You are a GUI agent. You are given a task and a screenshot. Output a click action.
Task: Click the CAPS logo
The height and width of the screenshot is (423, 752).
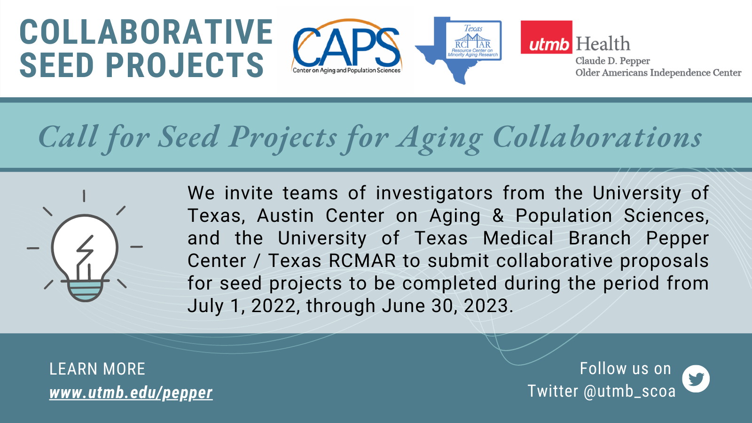tap(346, 47)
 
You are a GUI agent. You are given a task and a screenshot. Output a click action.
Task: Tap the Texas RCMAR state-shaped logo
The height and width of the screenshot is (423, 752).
tap(459, 50)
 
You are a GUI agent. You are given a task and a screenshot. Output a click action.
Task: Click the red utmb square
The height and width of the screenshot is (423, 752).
tap(546, 37)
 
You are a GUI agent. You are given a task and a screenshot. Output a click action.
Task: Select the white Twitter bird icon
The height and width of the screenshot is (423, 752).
tap(696, 379)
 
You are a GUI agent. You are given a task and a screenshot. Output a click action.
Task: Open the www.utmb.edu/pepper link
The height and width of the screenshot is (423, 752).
tap(131, 393)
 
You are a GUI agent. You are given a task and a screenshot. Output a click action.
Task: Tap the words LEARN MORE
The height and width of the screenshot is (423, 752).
tap(97, 369)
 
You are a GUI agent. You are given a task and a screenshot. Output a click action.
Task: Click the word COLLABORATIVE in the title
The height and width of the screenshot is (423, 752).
tap(146, 32)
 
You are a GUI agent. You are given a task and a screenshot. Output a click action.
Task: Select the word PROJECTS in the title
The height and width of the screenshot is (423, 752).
tap(185, 65)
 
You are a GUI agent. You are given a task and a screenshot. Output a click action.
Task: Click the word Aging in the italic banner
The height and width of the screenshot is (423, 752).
tap(439, 138)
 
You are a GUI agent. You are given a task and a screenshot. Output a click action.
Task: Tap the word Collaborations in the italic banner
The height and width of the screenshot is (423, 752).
tap(597, 137)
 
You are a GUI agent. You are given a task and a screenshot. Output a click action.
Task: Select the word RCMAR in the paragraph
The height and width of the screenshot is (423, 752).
tap(362, 261)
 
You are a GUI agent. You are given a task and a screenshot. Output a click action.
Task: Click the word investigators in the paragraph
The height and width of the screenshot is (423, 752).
tap(434, 194)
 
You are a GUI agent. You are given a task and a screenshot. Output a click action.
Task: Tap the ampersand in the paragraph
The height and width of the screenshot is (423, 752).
tap(498, 216)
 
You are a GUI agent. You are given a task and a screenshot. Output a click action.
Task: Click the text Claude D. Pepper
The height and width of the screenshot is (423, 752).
tap(613, 61)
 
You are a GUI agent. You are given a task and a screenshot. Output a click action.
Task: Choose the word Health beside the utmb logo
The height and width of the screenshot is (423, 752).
tap(603, 44)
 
